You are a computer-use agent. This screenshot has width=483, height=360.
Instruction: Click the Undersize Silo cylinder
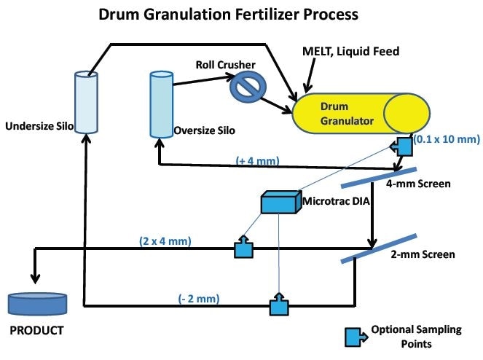click(x=87, y=101)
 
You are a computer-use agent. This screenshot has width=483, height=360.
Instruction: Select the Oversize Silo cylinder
click(x=160, y=103)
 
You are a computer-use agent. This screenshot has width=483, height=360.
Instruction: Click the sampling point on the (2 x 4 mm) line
click(x=242, y=249)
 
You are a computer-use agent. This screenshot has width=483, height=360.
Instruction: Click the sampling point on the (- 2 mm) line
click(x=278, y=305)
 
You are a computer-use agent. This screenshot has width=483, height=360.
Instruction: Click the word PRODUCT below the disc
click(x=36, y=331)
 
